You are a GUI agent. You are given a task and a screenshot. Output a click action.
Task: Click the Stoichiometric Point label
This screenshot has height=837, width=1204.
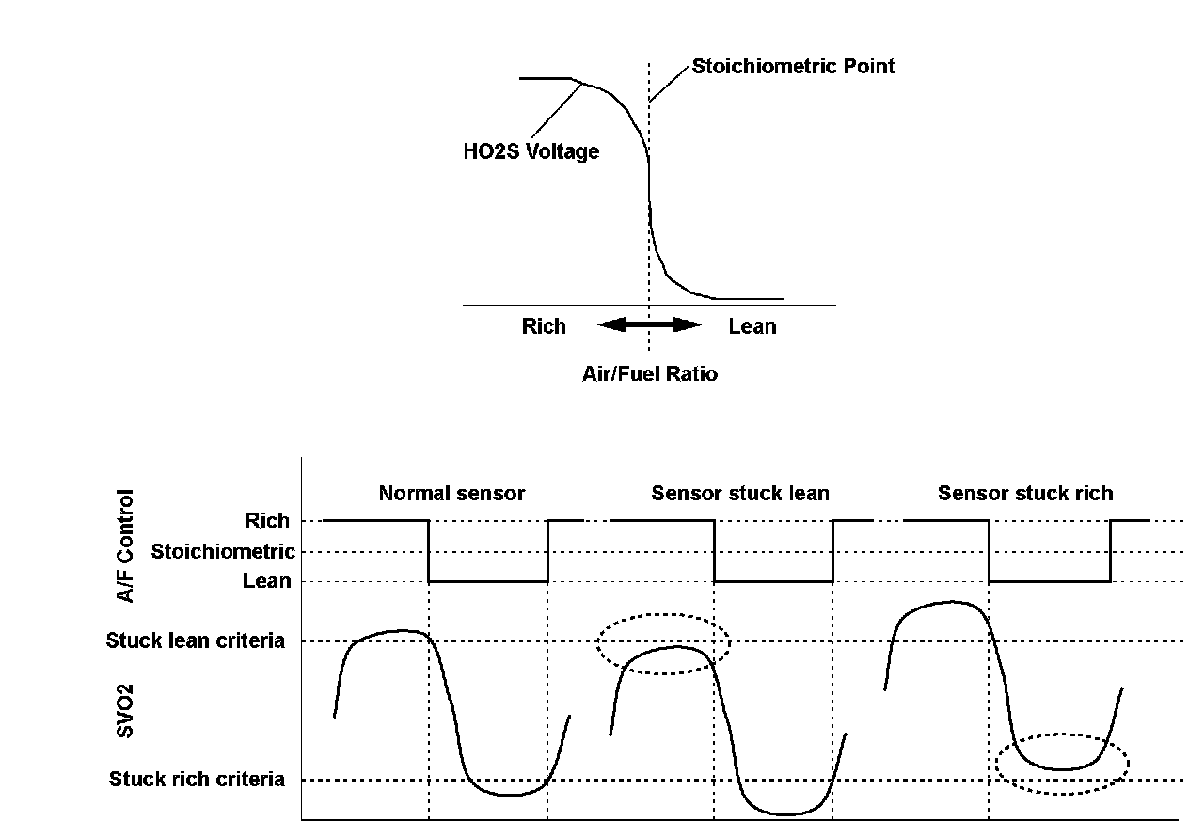click(x=793, y=67)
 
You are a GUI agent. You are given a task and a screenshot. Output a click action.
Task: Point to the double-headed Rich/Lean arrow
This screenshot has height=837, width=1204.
click(x=649, y=325)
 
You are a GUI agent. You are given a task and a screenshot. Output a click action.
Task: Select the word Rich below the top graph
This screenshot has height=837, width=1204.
click(x=544, y=326)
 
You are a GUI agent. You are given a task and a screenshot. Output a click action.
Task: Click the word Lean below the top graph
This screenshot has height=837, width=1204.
click(x=752, y=326)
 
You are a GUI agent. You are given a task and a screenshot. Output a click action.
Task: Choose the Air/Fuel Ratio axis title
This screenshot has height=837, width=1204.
click(x=649, y=373)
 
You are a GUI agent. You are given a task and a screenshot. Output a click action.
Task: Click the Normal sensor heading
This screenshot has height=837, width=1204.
click(x=451, y=493)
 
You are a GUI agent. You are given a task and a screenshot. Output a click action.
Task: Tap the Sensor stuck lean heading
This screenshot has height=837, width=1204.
click(x=740, y=493)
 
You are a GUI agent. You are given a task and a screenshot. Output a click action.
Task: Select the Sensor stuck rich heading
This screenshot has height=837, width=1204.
click(x=1025, y=493)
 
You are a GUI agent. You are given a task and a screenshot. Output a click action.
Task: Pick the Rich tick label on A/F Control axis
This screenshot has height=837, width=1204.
click(x=267, y=520)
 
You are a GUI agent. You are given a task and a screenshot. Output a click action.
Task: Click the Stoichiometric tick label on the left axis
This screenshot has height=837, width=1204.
click(x=223, y=551)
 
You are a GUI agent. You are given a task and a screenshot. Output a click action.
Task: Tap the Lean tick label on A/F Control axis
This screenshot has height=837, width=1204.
click(x=267, y=581)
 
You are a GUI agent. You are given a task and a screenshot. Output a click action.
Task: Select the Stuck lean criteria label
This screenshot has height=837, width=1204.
click(x=196, y=641)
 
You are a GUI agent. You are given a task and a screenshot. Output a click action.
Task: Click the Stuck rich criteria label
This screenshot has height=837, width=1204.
click(x=197, y=779)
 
